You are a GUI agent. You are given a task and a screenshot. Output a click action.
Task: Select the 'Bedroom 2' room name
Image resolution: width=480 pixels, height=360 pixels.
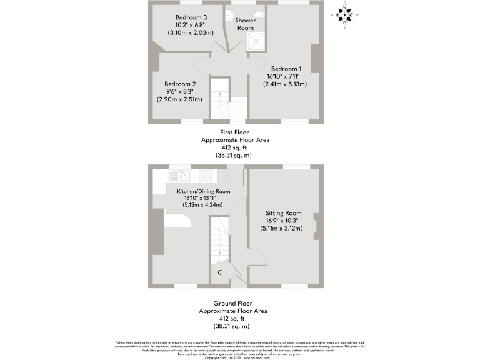[181, 84]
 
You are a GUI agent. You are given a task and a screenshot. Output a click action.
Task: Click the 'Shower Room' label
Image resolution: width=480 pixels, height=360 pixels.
[244, 24]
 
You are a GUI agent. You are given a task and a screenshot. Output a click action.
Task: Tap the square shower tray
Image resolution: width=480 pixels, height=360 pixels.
[256, 41]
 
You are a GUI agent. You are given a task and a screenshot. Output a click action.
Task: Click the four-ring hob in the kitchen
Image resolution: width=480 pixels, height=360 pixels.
[205, 176]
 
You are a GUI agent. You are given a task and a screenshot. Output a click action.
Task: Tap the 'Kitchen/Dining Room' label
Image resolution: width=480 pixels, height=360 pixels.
[203, 191]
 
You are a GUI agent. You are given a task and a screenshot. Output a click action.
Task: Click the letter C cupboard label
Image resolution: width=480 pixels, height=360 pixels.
[220, 272]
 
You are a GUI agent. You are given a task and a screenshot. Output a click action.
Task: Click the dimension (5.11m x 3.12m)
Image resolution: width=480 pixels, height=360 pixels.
[281, 229]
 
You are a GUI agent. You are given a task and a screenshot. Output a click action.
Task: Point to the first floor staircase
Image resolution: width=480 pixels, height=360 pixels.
[219, 100]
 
